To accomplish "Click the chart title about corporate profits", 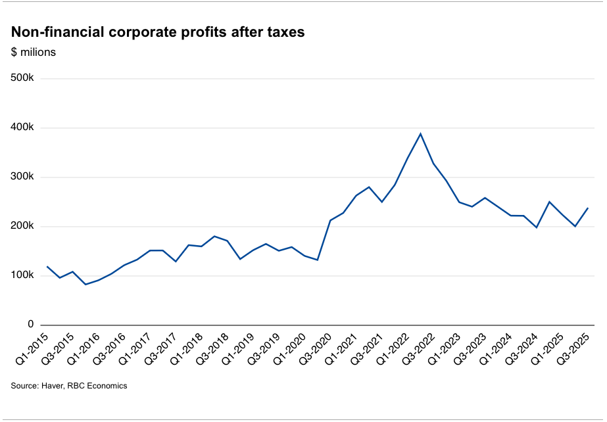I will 158,32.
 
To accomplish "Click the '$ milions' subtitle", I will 34,53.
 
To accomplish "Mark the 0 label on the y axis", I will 30,325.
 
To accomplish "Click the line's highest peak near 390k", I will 420,134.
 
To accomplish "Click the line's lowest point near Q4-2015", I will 85,284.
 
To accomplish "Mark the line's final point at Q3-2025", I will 587,208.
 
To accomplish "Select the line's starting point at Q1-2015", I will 47,267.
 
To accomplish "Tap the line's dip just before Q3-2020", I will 317,260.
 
